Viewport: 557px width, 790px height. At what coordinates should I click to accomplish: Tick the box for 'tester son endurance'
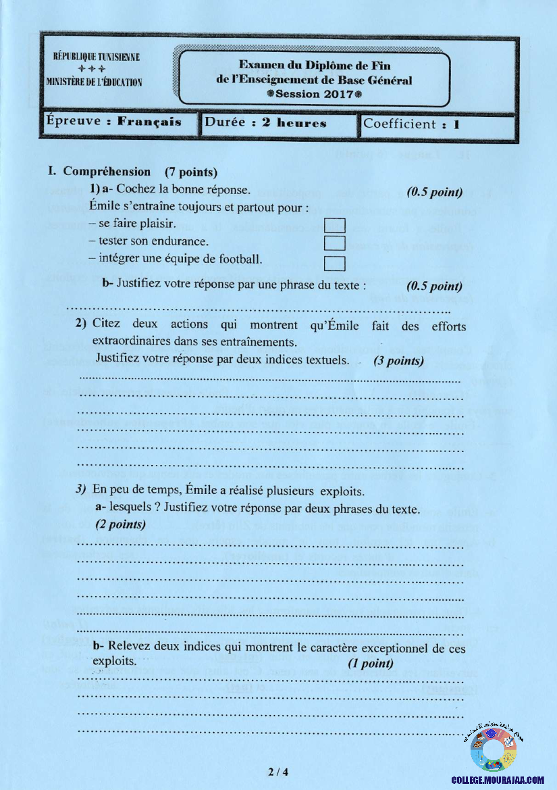pos(335,242)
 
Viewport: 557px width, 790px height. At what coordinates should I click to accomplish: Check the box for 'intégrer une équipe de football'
pos(335,262)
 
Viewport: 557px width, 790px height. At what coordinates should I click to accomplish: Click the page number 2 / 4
pos(277,772)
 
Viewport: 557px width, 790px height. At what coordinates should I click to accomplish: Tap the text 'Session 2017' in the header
pos(315,94)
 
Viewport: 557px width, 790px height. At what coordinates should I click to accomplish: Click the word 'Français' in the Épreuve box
pos(149,122)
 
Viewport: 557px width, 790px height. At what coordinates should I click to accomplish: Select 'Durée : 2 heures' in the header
pos(265,124)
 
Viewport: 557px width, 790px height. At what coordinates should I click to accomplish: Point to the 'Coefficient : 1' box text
pos(411,124)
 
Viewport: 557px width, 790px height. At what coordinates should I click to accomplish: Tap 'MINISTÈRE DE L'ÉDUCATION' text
pos(94,82)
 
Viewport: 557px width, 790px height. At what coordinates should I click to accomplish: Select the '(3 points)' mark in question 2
pos(398,361)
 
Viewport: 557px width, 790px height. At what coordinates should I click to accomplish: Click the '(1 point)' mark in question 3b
pos(371,663)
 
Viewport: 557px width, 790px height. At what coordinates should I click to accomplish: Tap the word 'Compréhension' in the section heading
pos(107,172)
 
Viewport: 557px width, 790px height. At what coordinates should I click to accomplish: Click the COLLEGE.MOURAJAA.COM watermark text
pos(498,780)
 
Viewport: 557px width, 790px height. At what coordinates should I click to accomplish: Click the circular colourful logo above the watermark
pos(493,751)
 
